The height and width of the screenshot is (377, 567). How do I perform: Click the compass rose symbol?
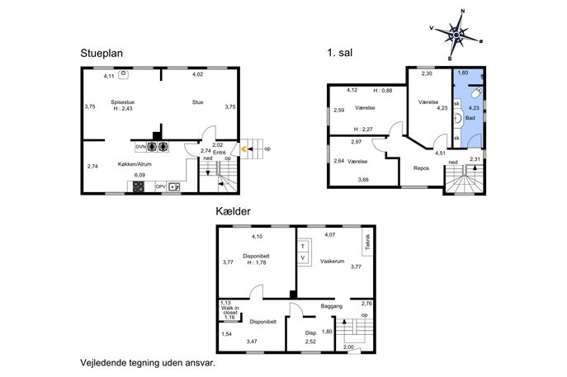(456, 35)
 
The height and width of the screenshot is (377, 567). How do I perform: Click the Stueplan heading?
(102, 53)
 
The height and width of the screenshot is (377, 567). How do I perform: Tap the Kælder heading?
(233, 211)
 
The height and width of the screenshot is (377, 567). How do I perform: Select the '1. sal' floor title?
(339, 53)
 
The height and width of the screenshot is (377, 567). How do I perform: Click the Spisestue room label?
(123, 102)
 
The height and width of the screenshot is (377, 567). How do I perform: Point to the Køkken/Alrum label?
(135, 163)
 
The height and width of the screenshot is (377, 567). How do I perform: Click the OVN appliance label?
(140, 147)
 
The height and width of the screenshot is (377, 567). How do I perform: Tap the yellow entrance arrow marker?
(244, 148)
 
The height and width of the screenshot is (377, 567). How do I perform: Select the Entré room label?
(220, 153)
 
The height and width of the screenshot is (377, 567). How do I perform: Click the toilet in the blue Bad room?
(477, 92)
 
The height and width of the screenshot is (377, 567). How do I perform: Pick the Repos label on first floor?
(421, 168)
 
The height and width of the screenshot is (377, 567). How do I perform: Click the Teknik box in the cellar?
(367, 242)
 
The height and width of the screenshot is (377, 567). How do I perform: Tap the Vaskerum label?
(332, 261)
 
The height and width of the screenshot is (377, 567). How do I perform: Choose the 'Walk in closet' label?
(230, 310)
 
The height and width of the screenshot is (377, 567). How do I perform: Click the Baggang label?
(331, 306)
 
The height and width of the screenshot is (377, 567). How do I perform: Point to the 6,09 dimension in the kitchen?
(139, 175)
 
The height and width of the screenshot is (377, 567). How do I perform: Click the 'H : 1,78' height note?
(257, 262)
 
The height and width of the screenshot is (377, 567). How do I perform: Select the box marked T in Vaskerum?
(303, 246)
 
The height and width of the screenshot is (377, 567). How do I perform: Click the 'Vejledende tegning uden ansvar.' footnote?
(148, 362)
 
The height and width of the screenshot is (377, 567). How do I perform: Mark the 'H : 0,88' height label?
(383, 91)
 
